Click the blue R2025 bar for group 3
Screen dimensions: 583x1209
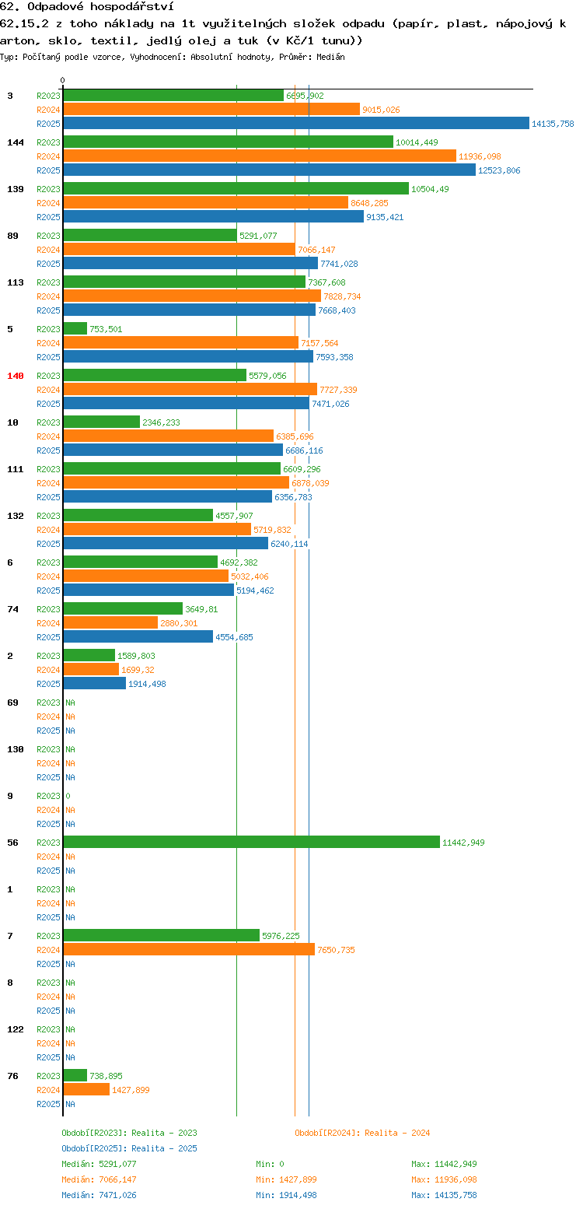[x=296, y=124]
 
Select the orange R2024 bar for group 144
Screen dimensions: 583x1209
[x=260, y=156]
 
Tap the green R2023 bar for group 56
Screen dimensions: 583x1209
[x=252, y=842]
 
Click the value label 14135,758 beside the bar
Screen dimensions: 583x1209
[x=553, y=124]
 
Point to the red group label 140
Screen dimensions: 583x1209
[x=15, y=376]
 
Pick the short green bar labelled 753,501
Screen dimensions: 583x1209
[x=75, y=328]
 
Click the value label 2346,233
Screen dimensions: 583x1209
[x=161, y=422]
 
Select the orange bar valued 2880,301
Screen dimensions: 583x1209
[x=110, y=623]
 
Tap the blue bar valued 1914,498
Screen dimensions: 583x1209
[x=94, y=683]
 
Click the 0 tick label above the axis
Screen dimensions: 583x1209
[x=62, y=80]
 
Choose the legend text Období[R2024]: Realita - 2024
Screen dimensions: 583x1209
[x=362, y=1132]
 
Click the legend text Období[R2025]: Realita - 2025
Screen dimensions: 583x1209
[x=130, y=1148]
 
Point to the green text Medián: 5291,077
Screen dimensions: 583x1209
[x=99, y=1164]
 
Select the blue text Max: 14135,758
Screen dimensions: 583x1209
[x=444, y=1195]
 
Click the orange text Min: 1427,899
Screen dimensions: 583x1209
[x=286, y=1179]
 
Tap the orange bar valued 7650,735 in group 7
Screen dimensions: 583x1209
[x=189, y=949]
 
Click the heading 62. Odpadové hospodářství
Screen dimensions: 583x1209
[x=87, y=6]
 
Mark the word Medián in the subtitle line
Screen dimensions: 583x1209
[x=330, y=57]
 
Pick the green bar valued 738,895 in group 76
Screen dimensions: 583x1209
[x=75, y=1075]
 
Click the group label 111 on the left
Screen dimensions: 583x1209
[x=15, y=469]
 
